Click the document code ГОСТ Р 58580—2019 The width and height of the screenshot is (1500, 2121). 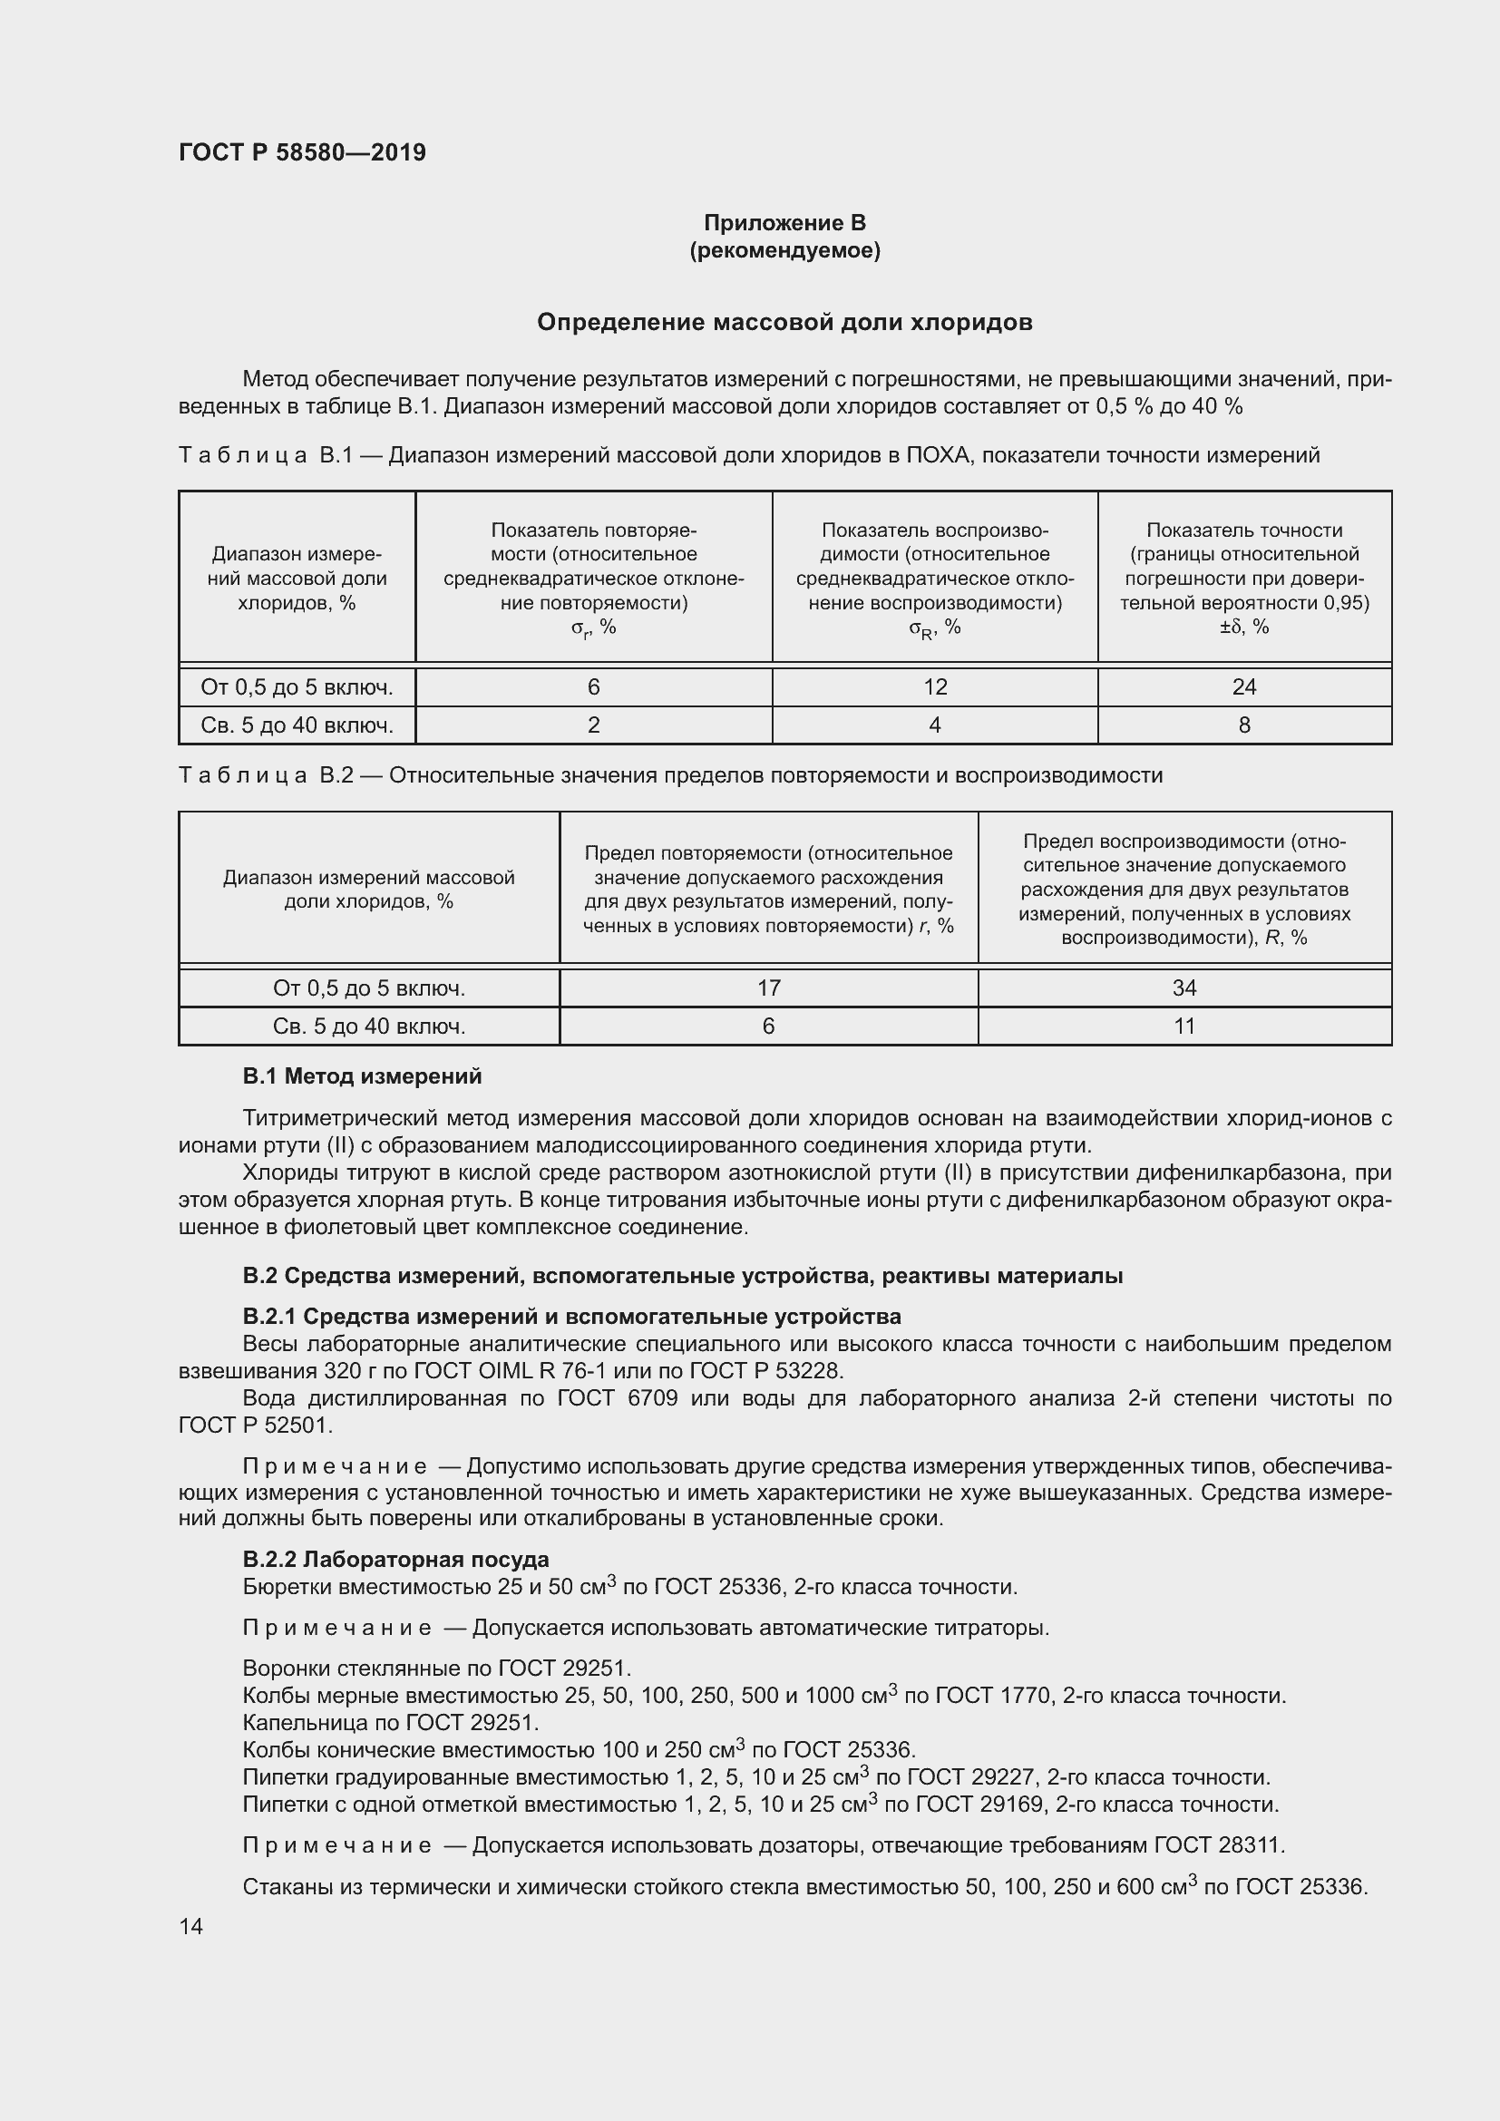pyautogui.click(x=302, y=152)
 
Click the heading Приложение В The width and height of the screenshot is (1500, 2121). pyautogui.click(x=784, y=223)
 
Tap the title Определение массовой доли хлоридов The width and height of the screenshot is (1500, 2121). pyautogui.click(x=784, y=323)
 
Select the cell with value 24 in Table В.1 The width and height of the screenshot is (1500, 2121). pyautogui.click(x=1243, y=686)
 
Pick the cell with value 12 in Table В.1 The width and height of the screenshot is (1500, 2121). pyautogui.click(x=935, y=686)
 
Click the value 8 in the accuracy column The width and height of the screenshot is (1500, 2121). pyautogui.click(x=1243, y=725)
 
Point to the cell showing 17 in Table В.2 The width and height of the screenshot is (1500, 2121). pyautogui.click(x=768, y=988)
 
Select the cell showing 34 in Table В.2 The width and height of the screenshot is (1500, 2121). pyautogui.click(x=1184, y=988)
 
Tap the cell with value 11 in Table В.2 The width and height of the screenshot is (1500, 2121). pyautogui.click(x=1184, y=1026)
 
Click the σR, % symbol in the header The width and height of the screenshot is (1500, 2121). pyautogui.click(x=935, y=628)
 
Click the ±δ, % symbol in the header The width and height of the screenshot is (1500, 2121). pyautogui.click(x=1243, y=627)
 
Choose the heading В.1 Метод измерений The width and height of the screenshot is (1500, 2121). pyautogui.click(x=362, y=1076)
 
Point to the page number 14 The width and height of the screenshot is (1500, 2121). pyautogui.click(x=191, y=1926)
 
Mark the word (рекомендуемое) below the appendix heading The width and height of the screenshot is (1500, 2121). pyautogui.click(x=784, y=250)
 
